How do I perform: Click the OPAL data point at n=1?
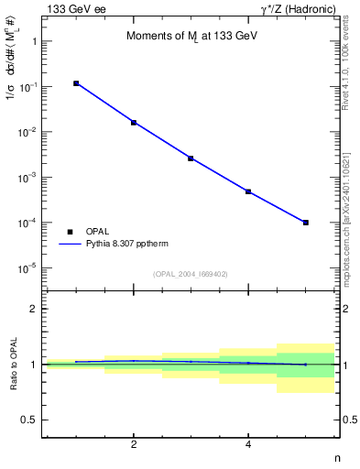coord(76,83)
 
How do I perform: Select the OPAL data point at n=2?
coord(134,122)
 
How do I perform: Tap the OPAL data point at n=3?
coord(191,158)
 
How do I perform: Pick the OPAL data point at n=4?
coord(248,191)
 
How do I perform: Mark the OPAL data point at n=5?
coord(306,223)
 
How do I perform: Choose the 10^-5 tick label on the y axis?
coord(27,268)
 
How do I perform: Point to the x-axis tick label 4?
coord(248,445)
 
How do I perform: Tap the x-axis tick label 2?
coord(134,445)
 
